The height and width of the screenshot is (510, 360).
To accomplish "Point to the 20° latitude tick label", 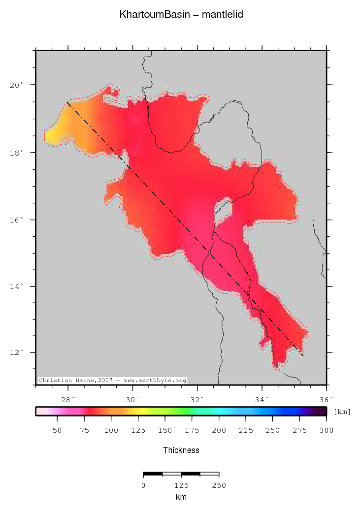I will click(16, 85).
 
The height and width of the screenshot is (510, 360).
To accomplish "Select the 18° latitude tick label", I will click(16, 153).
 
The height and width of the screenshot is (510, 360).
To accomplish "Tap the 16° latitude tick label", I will click(16, 220).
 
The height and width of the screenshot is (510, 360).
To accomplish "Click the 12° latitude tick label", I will click(16, 353).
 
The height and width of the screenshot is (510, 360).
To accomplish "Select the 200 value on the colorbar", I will click(219, 430).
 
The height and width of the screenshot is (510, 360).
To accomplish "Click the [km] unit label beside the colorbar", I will click(342, 412).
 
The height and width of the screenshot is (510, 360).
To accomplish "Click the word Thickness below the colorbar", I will click(181, 450).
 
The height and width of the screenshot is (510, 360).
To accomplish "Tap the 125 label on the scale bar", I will click(181, 485).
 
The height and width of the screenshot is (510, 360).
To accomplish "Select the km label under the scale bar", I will click(181, 497).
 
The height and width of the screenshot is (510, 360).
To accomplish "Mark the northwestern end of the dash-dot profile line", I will click(67, 102).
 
